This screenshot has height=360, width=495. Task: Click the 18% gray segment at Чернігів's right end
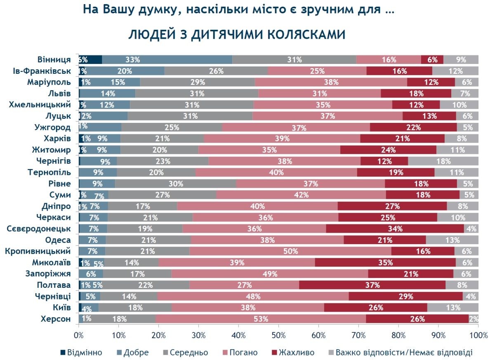pos(443,161)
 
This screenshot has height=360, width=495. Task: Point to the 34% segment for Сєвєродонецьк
pos(395,228)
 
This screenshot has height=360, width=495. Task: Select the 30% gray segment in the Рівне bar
pos(175,184)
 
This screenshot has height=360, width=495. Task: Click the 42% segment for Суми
pos(301,195)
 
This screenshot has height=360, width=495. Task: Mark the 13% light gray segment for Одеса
pos(452,240)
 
